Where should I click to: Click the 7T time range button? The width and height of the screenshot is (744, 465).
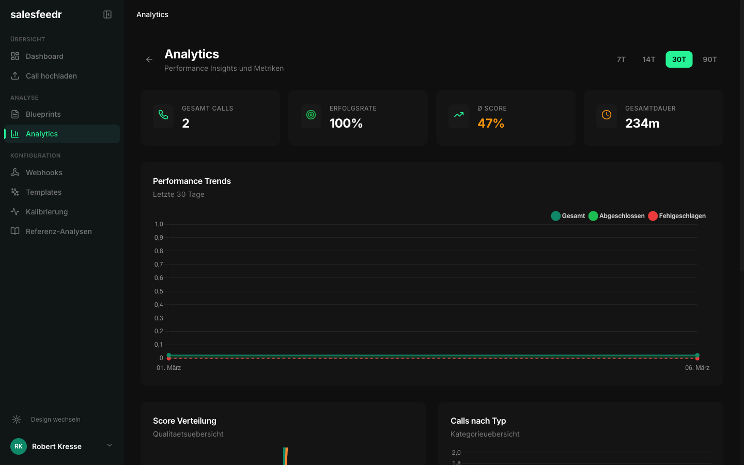[x=621, y=59]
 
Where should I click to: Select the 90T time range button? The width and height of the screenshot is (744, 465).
[x=709, y=59]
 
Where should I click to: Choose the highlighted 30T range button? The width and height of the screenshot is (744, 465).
[x=679, y=59]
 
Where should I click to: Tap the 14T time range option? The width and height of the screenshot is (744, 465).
[x=648, y=59]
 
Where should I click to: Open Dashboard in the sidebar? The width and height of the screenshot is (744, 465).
[x=44, y=56]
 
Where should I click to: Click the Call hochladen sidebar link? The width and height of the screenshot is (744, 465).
[x=51, y=76]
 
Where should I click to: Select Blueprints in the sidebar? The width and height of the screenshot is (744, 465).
[x=43, y=114]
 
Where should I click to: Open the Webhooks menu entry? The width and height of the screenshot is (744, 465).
[x=44, y=173]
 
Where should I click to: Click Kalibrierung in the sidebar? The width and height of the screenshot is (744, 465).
[x=47, y=212]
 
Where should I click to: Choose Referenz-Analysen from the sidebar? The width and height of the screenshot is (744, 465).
[x=58, y=231]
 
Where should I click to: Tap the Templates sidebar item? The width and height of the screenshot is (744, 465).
[x=43, y=192]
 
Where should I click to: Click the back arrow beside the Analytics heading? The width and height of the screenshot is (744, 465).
[x=149, y=59]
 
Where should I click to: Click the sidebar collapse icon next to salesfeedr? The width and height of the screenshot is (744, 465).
[x=107, y=14]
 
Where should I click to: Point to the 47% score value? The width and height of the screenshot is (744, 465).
[x=491, y=123]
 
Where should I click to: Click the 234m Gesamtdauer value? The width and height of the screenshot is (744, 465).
[x=642, y=123]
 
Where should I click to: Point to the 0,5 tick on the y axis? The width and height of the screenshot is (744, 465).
[x=159, y=291]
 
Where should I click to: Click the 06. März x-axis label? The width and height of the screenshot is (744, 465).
[x=697, y=368]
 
